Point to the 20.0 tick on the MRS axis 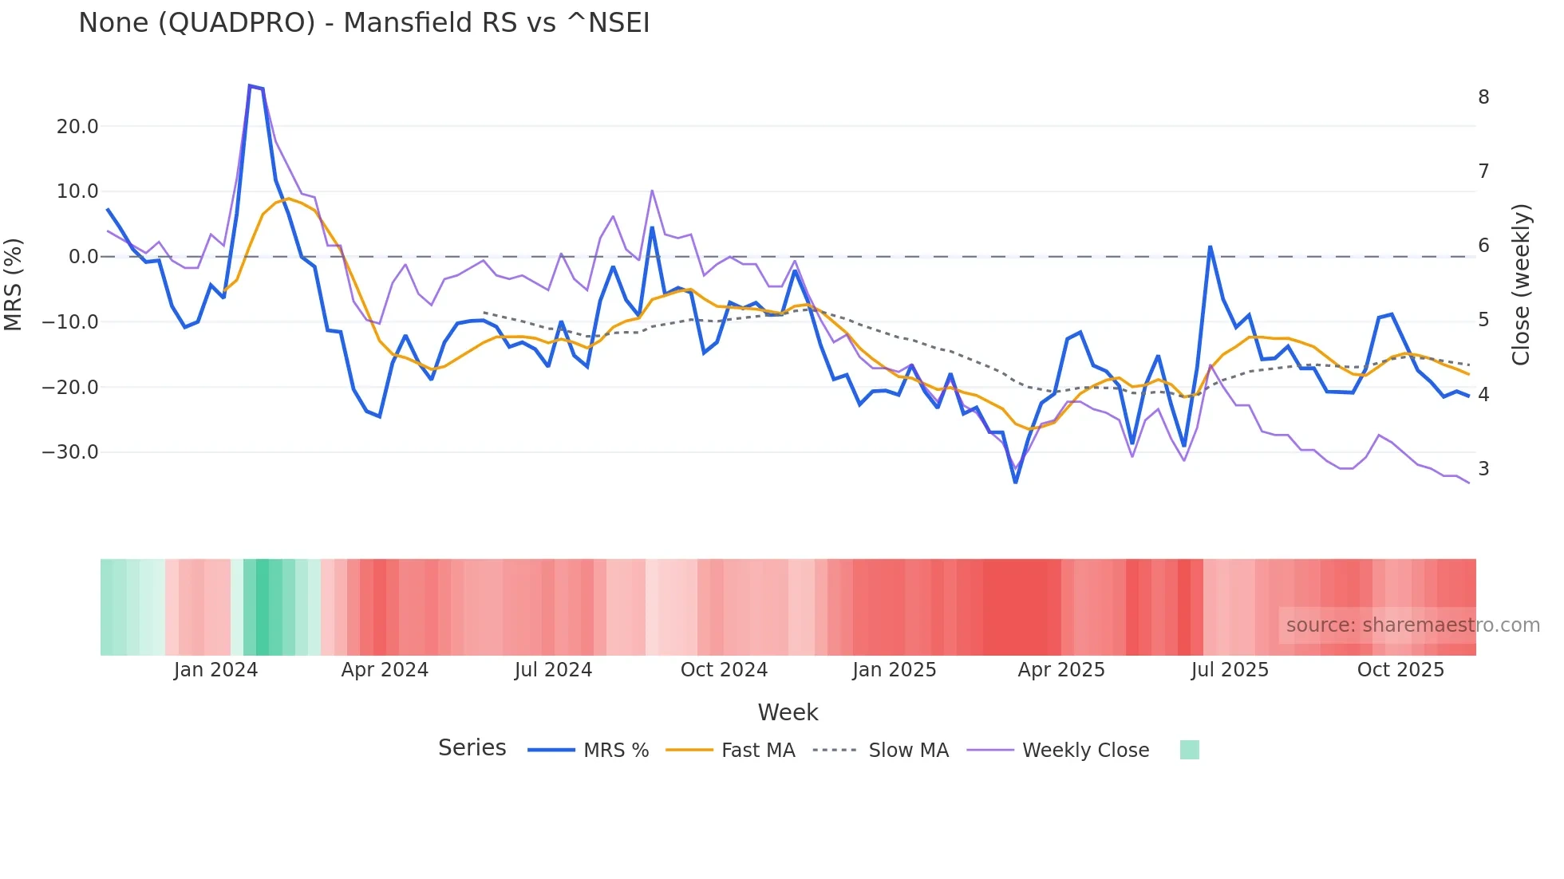tap(77, 127)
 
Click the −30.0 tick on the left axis tap(70, 452)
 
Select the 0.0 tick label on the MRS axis tap(83, 257)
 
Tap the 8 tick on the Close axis tap(1483, 97)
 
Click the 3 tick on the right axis tap(1483, 469)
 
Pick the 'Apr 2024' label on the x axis tap(385, 670)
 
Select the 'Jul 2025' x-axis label tap(1230, 670)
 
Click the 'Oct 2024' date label tap(724, 670)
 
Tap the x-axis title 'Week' tap(788, 712)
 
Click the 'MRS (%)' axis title tap(14, 284)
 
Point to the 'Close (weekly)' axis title tap(1521, 284)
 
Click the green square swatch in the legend tap(1189, 750)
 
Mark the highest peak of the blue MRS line tap(250, 85)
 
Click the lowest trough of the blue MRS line tap(1015, 482)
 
